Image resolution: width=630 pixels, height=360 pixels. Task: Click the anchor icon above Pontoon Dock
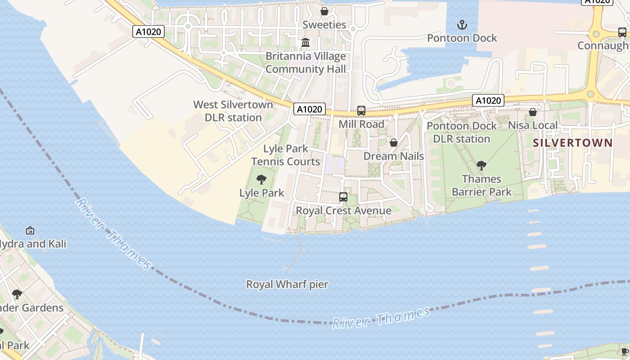point(462,24)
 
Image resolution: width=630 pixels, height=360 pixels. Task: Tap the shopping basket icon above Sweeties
point(324,11)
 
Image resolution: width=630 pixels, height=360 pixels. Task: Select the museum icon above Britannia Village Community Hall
point(306,43)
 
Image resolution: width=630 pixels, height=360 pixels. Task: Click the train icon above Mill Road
point(361,111)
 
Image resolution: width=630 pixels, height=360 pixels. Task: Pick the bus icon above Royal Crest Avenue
point(343,197)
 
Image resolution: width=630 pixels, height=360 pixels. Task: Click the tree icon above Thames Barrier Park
point(481,166)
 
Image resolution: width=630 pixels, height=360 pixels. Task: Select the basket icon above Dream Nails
point(393,143)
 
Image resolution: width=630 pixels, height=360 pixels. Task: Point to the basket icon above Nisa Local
point(533,112)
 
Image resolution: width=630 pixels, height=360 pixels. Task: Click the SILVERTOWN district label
point(572,143)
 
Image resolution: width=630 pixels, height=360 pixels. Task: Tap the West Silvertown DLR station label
point(233,111)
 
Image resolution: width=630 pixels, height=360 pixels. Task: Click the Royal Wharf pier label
point(287,284)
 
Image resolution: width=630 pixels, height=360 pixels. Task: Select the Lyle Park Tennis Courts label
point(285,155)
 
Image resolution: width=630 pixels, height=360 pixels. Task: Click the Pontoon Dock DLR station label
point(462,132)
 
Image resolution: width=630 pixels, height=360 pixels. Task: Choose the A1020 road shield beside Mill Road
point(310,109)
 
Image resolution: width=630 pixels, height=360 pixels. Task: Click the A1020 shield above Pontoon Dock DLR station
point(488,100)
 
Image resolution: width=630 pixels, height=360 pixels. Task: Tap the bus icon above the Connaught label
point(622,32)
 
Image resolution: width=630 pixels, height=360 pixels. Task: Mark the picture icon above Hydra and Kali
point(30,230)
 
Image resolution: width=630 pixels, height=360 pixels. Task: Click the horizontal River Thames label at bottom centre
point(381,318)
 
